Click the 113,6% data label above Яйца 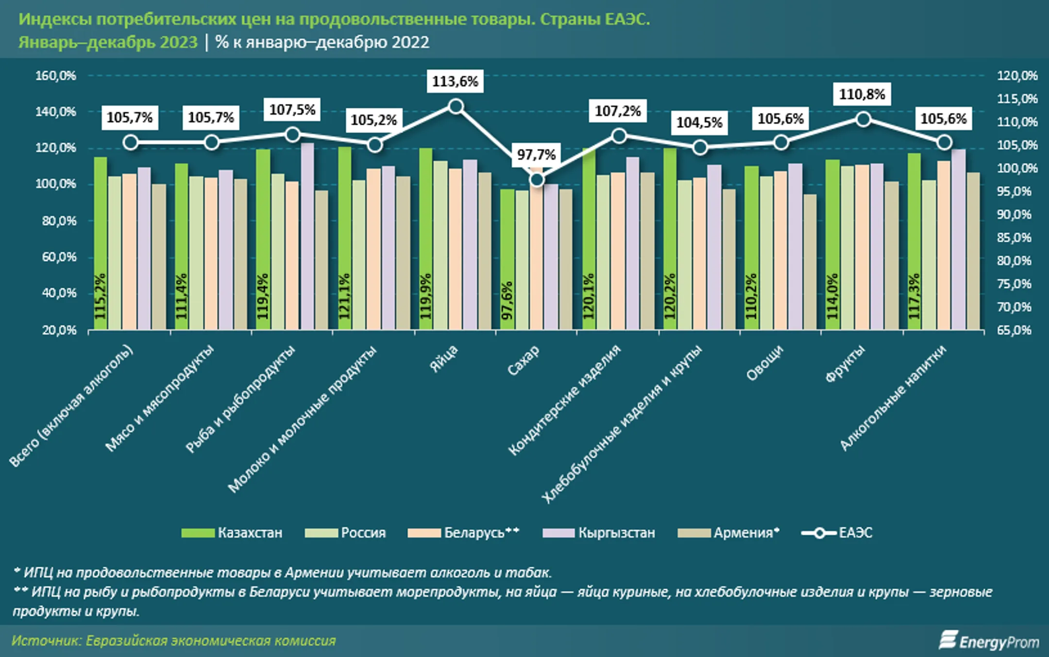(x=455, y=81)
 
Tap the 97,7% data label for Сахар (x=536, y=155)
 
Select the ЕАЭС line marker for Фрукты (x=863, y=119)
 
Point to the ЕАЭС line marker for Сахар (x=537, y=180)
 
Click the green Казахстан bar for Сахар (x=507, y=259)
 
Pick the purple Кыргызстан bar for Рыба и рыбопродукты (x=307, y=236)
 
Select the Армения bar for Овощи (x=810, y=262)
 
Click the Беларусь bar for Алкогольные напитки (x=944, y=245)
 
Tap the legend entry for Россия (x=345, y=533)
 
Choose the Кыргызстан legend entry (x=598, y=533)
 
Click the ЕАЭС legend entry (x=837, y=533)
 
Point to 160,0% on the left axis (x=56, y=76)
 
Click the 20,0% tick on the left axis (x=59, y=330)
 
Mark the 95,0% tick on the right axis (x=1014, y=191)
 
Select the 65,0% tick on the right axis (x=1014, y=330)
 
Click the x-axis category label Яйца (x=444, y=359)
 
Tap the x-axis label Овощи (x=764, y=363)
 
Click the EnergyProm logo (x=989, y=641)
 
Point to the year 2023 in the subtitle (x=179, y=42)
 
